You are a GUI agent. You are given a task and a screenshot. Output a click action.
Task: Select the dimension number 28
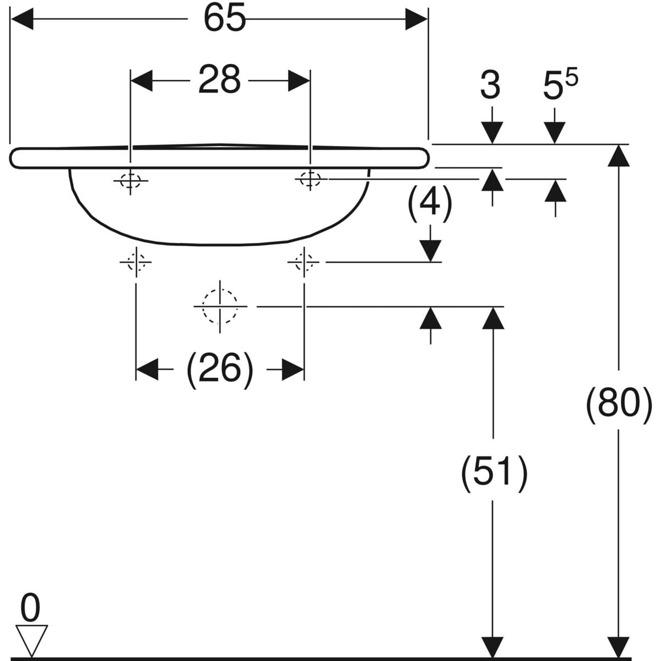[x=219, y=80]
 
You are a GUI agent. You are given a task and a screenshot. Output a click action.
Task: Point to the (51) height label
[x=494, y=472]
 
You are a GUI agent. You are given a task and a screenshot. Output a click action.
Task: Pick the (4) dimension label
[x=430, y=202]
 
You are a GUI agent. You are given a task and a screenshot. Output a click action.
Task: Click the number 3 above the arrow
[x=490, y=85]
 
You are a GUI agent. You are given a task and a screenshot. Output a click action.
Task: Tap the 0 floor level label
[x=30, y=609]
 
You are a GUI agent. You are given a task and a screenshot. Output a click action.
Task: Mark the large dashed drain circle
[x=220, y=306]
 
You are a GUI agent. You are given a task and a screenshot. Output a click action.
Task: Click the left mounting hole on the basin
[x=131, y=180]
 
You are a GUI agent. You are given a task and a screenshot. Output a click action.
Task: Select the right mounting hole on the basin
[x=310, y=178]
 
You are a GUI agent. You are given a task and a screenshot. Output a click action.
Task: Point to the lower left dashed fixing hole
[x=136, y=262]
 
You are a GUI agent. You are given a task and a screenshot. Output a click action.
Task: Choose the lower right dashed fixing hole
[x=304, y=262]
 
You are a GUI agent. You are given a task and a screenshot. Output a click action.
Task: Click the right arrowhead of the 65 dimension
[x=416, y=21]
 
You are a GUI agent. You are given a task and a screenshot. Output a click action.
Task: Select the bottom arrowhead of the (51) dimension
[x=493, y=647]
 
